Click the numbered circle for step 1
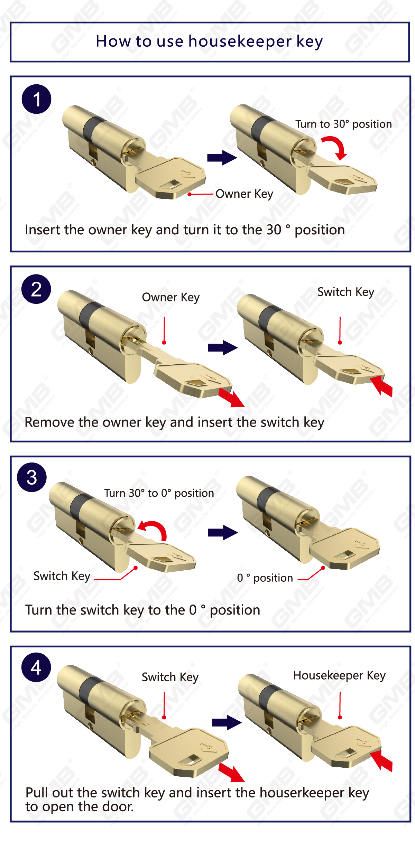[x=36, y=99]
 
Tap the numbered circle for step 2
[x=36, y=289]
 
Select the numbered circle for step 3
[x=32, y=477]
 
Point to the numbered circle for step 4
[x=36, y=667]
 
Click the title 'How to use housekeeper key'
[x=209, y=41]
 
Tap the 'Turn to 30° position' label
[x=343, y=124]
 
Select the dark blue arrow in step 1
[x=222, y=158]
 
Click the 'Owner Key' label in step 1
[x=244, y=194]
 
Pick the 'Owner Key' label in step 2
[x=171, y=297]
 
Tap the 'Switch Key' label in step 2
[x=346, y=292]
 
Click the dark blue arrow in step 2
[x=222, y=348]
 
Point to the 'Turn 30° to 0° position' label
[x=159, y=493]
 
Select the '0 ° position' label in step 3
[x=265, y=578]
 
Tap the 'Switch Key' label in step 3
[x=62, y=576]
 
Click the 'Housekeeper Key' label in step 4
[x=339, y=675]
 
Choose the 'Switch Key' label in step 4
[x=170, y=677]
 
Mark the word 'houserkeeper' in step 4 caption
[x=302, y=793]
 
